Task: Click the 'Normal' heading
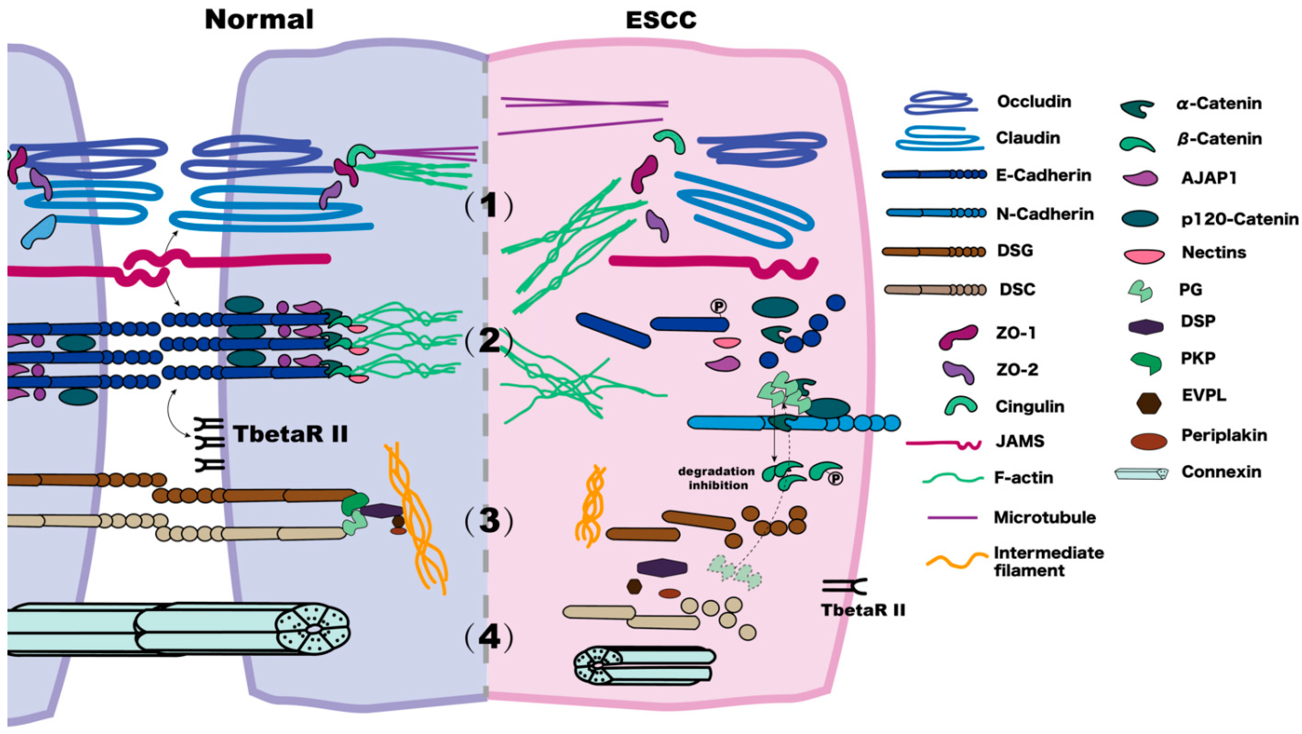259,20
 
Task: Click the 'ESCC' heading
660,21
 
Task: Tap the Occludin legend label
1033,101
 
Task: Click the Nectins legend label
1213,252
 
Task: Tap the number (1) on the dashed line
488,206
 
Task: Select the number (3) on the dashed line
488,521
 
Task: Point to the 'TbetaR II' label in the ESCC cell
863,610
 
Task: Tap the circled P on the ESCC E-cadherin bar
718,306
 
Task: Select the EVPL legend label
1204,395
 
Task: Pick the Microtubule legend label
1044,517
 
